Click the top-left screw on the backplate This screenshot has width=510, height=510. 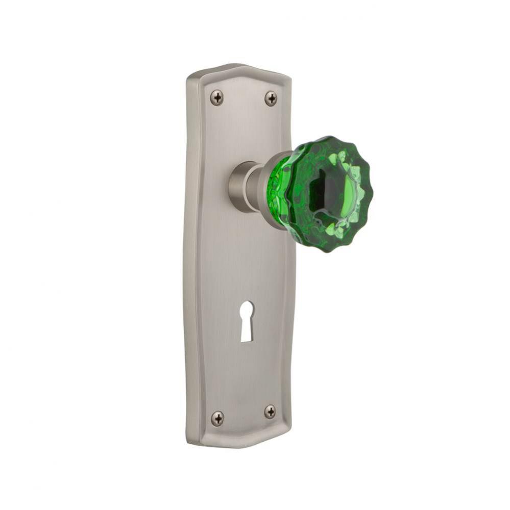coord(217,98)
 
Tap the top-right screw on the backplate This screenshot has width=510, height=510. coord(271,98)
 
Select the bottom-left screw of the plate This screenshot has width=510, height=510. coord(217,419)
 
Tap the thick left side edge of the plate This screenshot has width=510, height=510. coord(192,255)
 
